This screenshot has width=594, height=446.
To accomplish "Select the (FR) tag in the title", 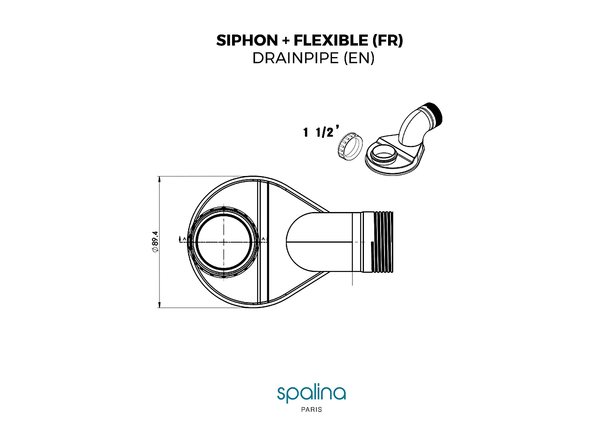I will point(388,40).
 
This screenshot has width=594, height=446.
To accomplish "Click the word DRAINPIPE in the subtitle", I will point(295,58).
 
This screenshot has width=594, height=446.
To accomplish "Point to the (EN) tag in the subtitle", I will point(359,58).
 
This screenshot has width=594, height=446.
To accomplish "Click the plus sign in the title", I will point(286,41).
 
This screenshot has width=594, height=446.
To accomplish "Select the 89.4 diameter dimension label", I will point(155,241).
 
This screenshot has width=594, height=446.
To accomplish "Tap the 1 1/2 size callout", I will point(321,132).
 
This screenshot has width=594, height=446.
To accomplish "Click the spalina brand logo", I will point(311,393).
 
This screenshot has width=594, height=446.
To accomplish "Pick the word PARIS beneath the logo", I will point(312,410).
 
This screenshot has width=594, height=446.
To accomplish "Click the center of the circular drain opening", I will point(224,242).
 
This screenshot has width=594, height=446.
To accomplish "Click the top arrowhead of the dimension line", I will point(159,179).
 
